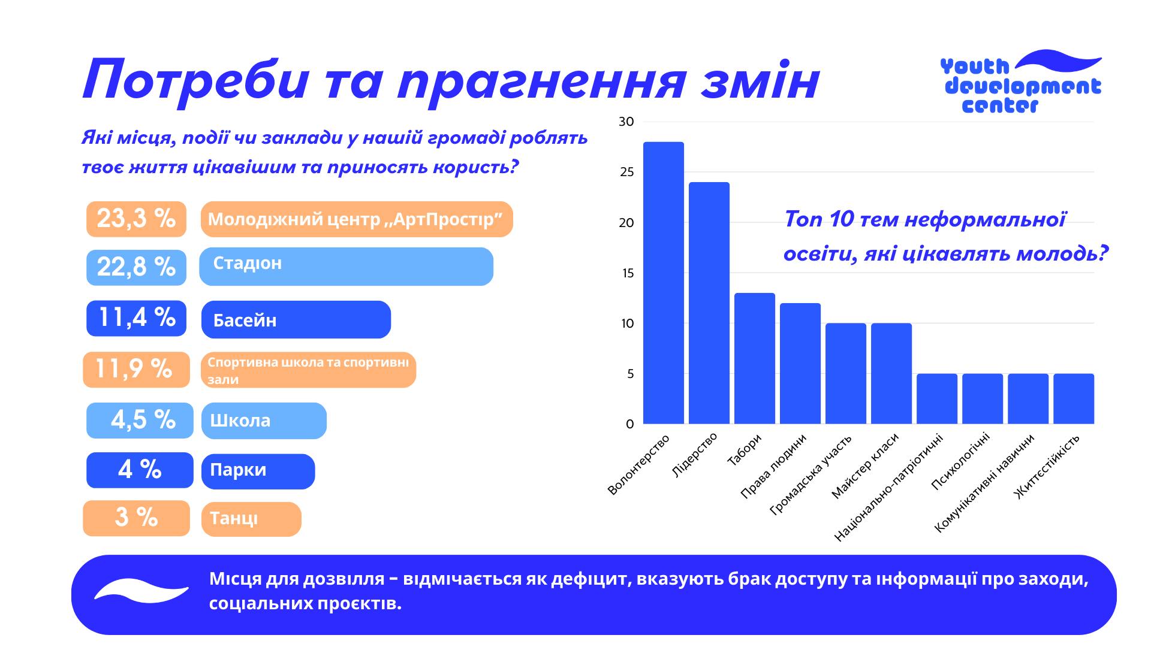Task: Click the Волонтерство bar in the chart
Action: point(663,283)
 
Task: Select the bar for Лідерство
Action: point(709,303)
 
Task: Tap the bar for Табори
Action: point(754,358)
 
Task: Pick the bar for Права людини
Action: point(800,364)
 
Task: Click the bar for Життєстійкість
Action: point(1073,399)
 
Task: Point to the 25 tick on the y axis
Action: point(626,173)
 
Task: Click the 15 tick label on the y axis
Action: point(627,274)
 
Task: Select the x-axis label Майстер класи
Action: point(866,466)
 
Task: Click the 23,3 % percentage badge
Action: point(136,219)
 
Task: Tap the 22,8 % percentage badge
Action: point(136,267)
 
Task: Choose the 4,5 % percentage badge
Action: point(140,420)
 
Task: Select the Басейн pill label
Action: point(296,319)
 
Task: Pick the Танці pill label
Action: point(251,519)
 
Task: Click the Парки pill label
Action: point(258,471)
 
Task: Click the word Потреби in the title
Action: point(195,80)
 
